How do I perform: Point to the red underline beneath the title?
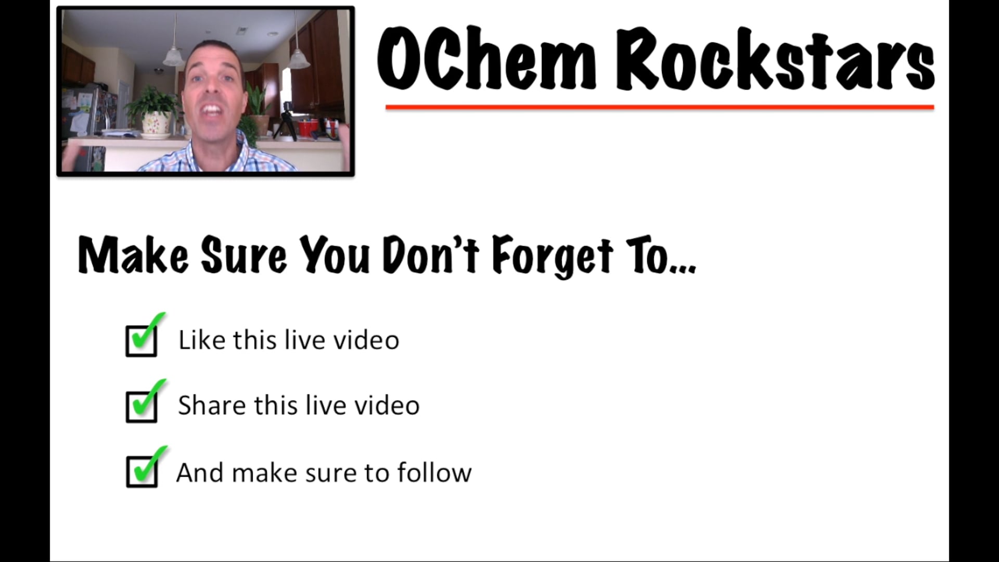[x=659, y=107]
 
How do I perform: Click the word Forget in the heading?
[x=553, y=256]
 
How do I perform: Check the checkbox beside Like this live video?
[x=142, y=340]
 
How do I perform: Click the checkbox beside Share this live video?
[x=142, y=406]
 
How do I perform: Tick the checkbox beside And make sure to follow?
[x=142, y=471]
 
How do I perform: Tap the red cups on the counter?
[x=308, y=127]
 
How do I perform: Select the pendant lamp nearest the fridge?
[x=173, y=56]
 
